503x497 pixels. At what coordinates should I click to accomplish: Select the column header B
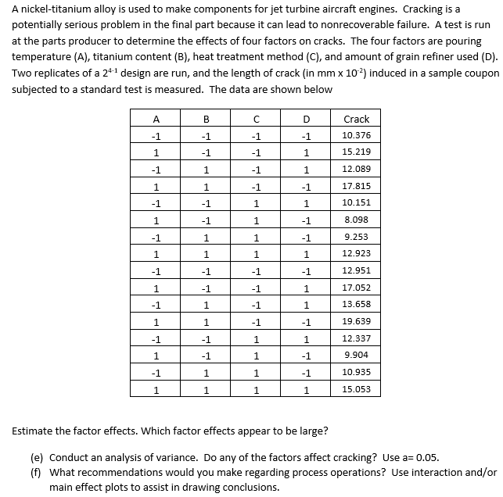tap(206, 119)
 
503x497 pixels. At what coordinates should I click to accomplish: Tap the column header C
tap(256, 119)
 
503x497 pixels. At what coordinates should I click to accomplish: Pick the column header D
tap(306, 119)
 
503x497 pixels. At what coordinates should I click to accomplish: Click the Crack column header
tap(356, 119)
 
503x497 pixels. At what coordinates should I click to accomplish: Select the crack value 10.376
tap(356, 135)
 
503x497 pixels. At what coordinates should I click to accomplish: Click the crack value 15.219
tap(356, 152)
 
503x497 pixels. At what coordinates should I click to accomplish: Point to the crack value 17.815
tap(356, 186)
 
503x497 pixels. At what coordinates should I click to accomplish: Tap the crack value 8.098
tap(356, 220)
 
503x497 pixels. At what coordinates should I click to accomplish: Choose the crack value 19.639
tap(356, 321)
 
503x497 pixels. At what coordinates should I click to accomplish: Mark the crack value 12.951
tap(356, 270)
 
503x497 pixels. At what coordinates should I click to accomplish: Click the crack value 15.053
tap(356, 389)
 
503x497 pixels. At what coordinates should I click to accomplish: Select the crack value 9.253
tap(356, 237)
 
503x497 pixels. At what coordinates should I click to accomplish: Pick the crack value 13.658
tap(356, 304)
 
